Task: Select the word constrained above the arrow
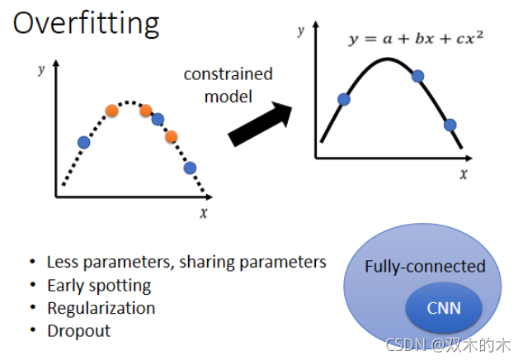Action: pyautogui.click(x=228, y=74)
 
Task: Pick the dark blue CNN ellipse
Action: pyautogui.click(x=444, y=310)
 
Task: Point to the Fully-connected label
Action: pyautogui.click(x=425, y=266)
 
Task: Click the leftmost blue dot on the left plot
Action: pyautogui.click(x=83, y=142)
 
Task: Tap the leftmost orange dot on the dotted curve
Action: pyautogui.click(x=112, y=110)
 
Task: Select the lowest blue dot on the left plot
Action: pyautogui.click(x=190, y=168)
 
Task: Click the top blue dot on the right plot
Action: pyautogui.click(x=417, y=76)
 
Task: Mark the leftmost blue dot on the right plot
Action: pyautogui.click(x=344, y=100)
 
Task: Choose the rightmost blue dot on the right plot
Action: pyautogui.click(x=450, y=126)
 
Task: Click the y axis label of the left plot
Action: pyautogui.click(x=40, y=69)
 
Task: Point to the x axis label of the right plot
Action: pyautogui.click(x=464, y=173)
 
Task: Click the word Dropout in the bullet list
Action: pyautogui.click(x=78, y=331)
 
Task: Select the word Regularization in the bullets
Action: pyautogui.click(x=101, y=308)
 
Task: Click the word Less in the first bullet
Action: pyautogui.click(x=62, y=263)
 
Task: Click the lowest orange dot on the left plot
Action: pyautogui.click(x=172, y=136)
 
